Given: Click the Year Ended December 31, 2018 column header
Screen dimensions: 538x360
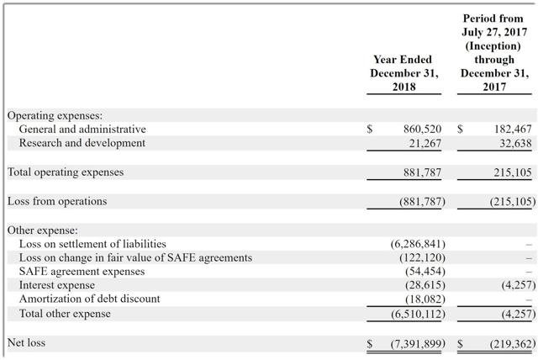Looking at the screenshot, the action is click(x=404, y=73).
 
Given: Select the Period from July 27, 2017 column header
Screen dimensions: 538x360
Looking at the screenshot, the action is click(x=494, y=52).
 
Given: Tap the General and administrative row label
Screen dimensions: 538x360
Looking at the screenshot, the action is click(x=82, y=130).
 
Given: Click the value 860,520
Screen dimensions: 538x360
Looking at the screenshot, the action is click(x=422, y=130).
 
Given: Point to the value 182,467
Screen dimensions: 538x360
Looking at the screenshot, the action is click(x=513, y=130).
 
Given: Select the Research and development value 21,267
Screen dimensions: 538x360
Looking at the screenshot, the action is click(x=425, y=143).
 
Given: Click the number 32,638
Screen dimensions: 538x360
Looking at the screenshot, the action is click(x=515, y=143).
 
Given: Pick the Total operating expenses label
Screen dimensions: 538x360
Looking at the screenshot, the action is click(x=66, y=172).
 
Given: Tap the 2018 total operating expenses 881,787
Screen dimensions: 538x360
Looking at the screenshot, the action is click(x=422, y=172).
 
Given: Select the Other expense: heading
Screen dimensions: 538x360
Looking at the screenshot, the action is click(x=43, y=230).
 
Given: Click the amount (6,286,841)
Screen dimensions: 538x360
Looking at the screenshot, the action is click(x=418, y=244).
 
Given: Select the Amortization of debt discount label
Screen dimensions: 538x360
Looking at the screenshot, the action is click(x=90, y=299).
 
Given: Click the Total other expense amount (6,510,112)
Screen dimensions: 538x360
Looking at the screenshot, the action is click(x=418, y=314).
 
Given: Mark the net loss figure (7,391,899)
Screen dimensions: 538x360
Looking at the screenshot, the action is click(x=418, y=343).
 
